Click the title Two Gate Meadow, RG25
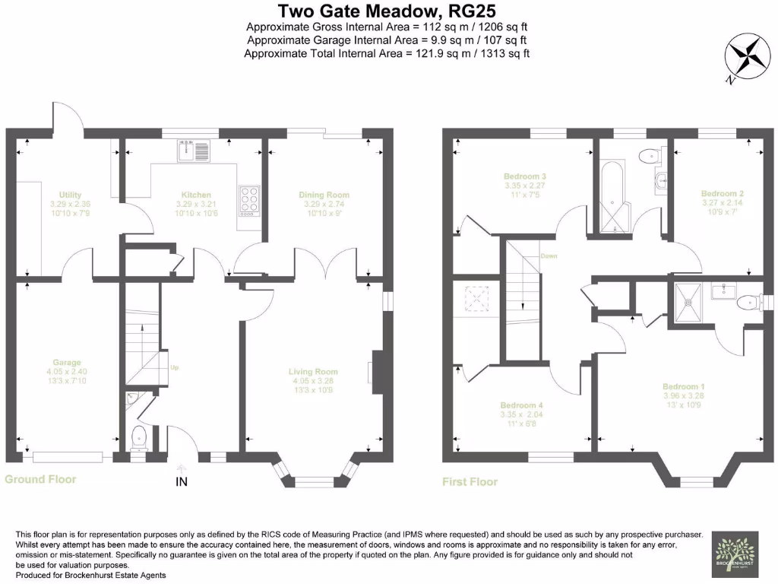tap(388, 11)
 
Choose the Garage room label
tap(67, 363)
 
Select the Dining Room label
tap(324, 195)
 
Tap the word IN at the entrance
tap(182, 481)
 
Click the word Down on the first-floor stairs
tap(549, 256)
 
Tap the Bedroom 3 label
tap(525, 176)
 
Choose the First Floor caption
tap(470, 481)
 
